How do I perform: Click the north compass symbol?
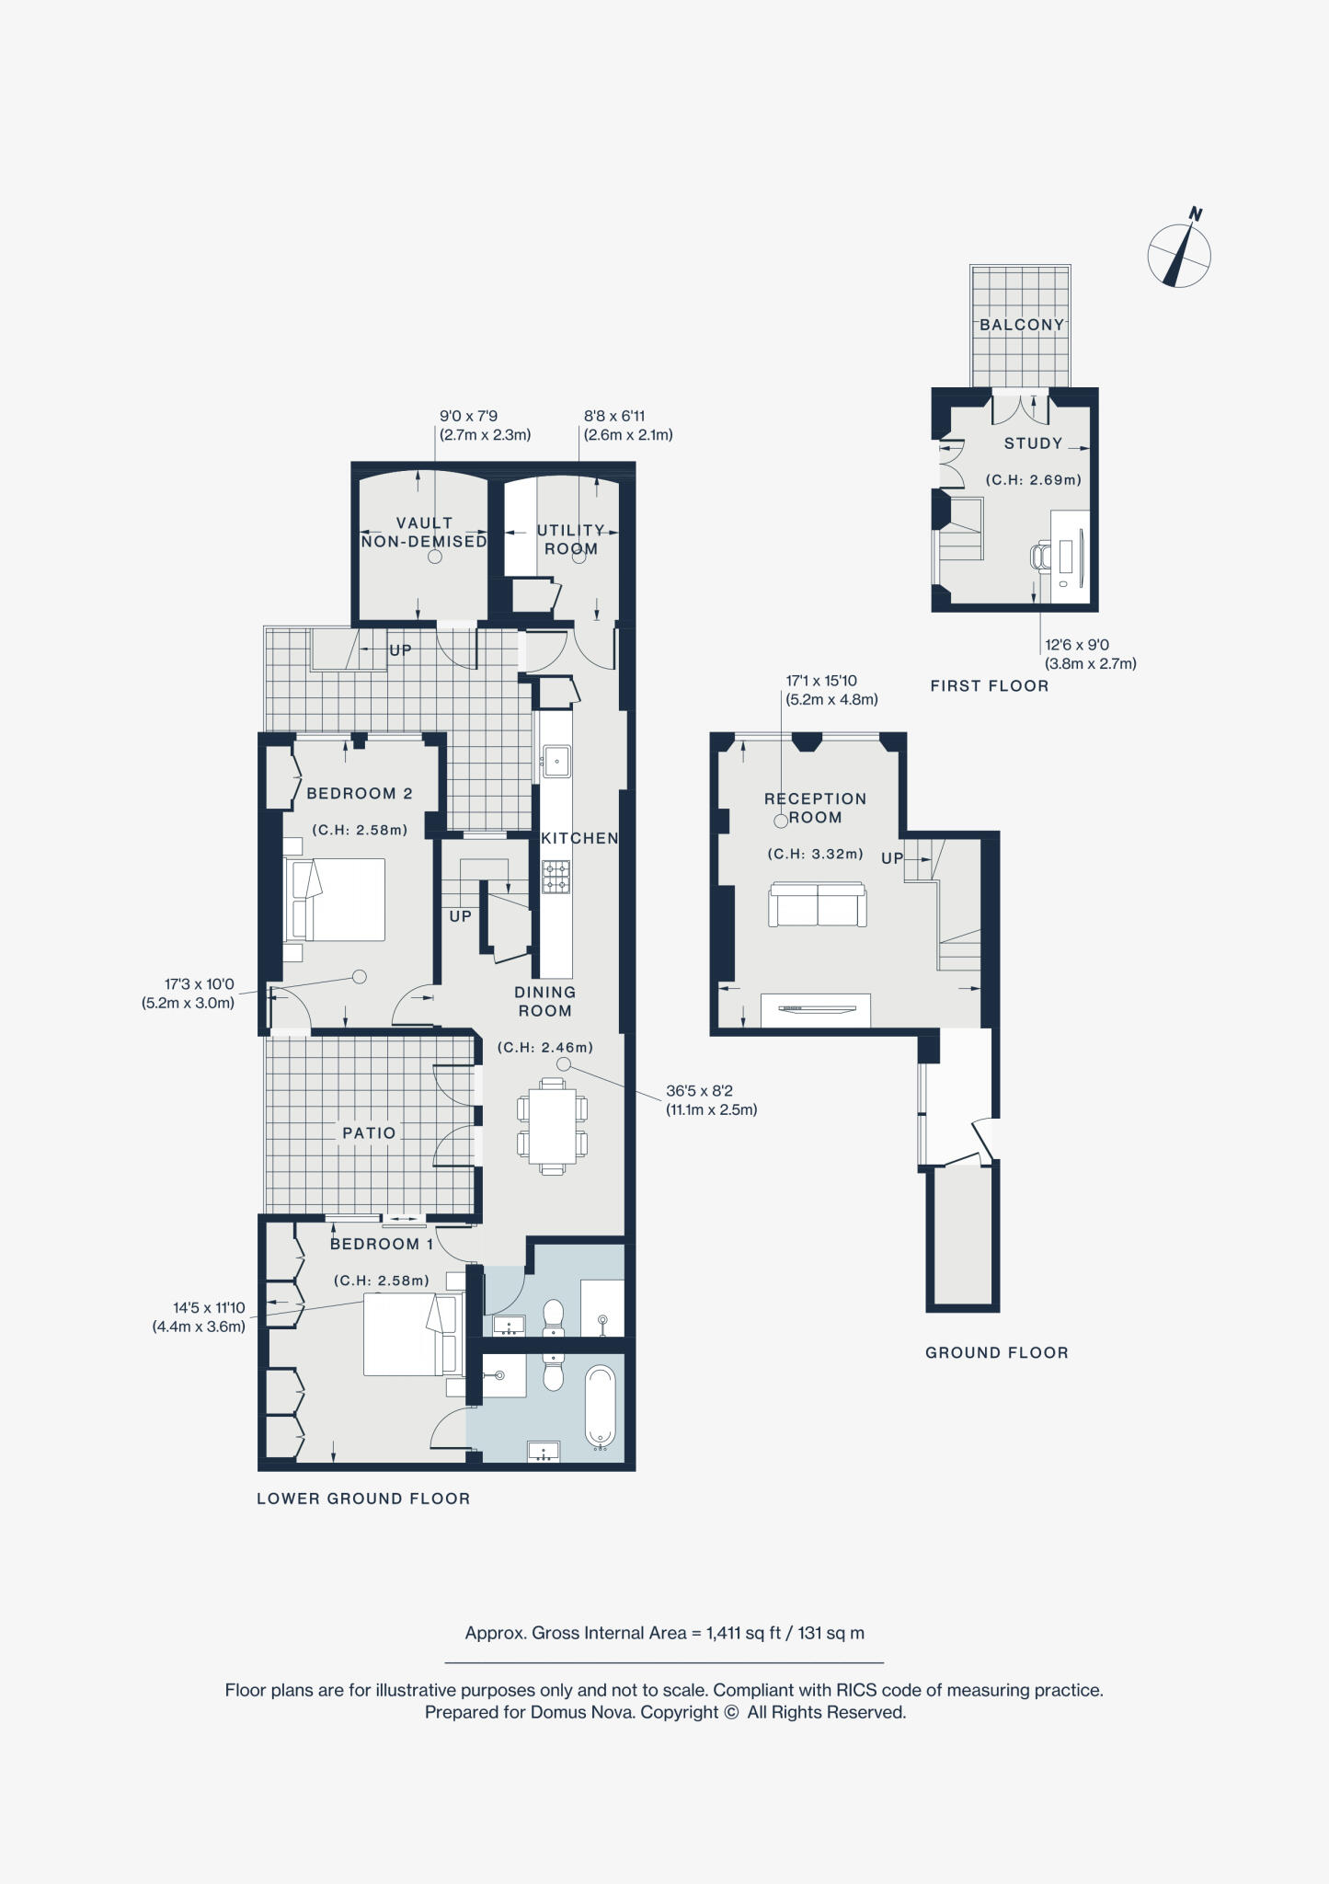click(x=1179, y=254)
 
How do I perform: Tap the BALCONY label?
click(x=1021, y=325)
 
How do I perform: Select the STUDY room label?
click(x=1033, y=443)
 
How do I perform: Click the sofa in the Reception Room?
click(x=818, y=905)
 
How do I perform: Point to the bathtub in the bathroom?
click(x=600, y=1407)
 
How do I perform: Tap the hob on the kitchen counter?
click(x=556, y=877)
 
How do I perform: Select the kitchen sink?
click(x=556, y=760)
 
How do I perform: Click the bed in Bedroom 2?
click(x=336, y=900)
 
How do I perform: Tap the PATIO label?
click(x=369, y=1133)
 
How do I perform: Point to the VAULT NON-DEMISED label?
click(x=424, y=532)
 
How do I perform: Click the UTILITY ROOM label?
click(x=571, y=539)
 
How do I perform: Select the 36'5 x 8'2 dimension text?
click(x=700, y=1091)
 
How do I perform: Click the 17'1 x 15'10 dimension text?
click(x=820, y=681)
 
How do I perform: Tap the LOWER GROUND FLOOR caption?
click(x=363, y=1499)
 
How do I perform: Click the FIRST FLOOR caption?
click(x=989, y=685)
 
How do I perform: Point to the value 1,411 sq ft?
click(x=742, y=1633)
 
